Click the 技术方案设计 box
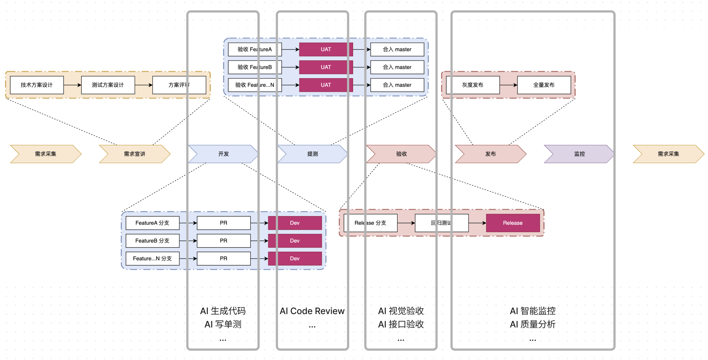point(37,85)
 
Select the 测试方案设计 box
point(108,85)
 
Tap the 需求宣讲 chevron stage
point(135,154)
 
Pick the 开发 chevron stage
point(223,154)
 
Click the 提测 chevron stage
point(312,154)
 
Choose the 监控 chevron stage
point(579,154)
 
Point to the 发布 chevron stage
point(490,154)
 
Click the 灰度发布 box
point(473,85)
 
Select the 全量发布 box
point(544,85)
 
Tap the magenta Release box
point(513,223)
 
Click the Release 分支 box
point(370,223)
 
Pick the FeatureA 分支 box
point(152,223)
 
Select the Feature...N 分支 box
point(152,259)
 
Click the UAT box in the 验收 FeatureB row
point(326,67)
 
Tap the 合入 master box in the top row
point(397,50)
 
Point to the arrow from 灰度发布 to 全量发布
point(508,85)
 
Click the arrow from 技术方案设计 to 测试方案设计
point(72,85)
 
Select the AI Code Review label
point(312,311)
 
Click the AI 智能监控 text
point(533,311)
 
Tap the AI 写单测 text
point(223,324)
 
